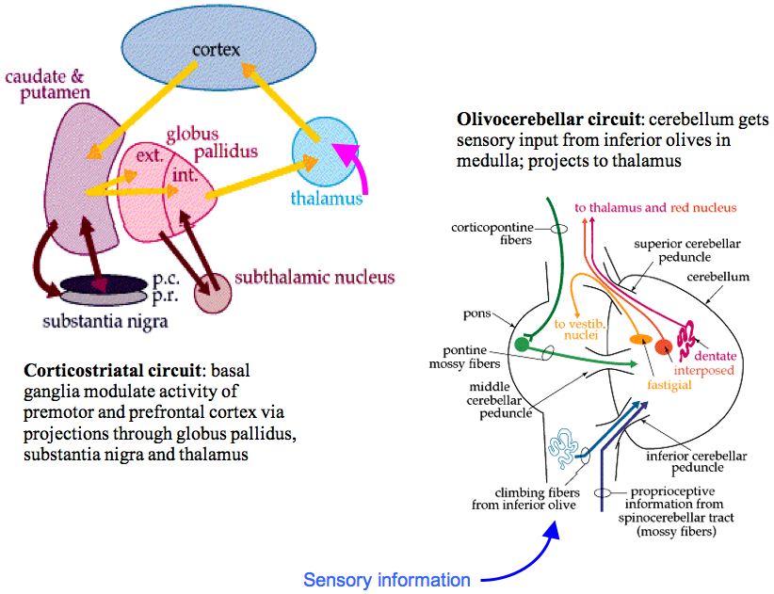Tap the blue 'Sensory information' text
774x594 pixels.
click(x=386, y=580)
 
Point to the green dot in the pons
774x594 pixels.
click(x=522, y=345)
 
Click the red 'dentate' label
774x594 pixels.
click(x=715, y=355)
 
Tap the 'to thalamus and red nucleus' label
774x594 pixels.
click(x=654, y=207)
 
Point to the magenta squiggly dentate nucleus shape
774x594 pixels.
click(x=688, y=335)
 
